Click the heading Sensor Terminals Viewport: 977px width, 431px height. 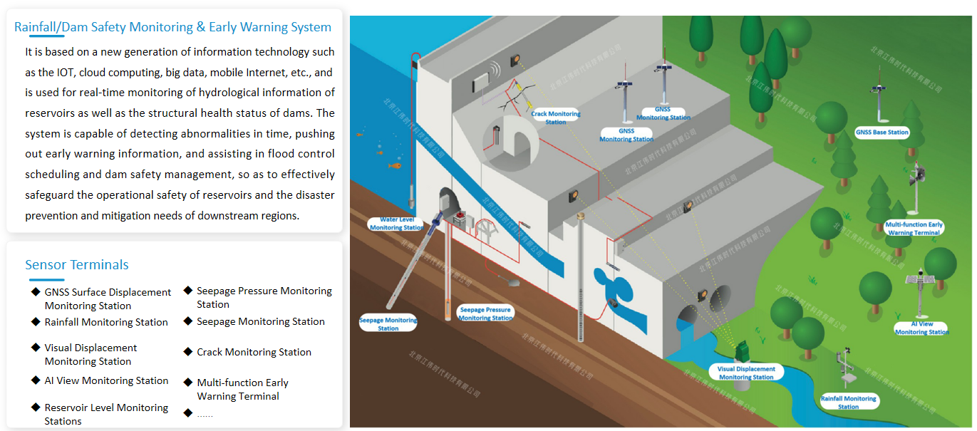click(x=77, y=265)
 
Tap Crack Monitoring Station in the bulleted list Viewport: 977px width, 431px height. click(x=254, y=352)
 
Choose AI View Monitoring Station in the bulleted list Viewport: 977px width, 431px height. click(x=106, y=380)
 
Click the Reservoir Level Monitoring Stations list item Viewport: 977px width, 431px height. click(x=106, y=414)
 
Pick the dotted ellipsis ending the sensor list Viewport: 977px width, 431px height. click(x=205, y=414)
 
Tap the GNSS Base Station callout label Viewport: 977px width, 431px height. click(x=882, y=133)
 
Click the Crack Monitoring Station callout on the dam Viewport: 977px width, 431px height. click(x=556, y=118)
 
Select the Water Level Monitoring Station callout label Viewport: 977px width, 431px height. click(x=396, y=224)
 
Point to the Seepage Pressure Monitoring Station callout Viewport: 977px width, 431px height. click(x=485, y=314)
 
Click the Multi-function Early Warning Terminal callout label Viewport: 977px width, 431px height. click(x=914, y=229)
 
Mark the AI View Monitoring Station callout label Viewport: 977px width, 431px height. click(x=921, y=328)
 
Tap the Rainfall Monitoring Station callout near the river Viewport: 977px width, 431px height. click(x=848, y=403)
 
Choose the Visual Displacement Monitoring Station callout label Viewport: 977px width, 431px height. click(x=746, y=373)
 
